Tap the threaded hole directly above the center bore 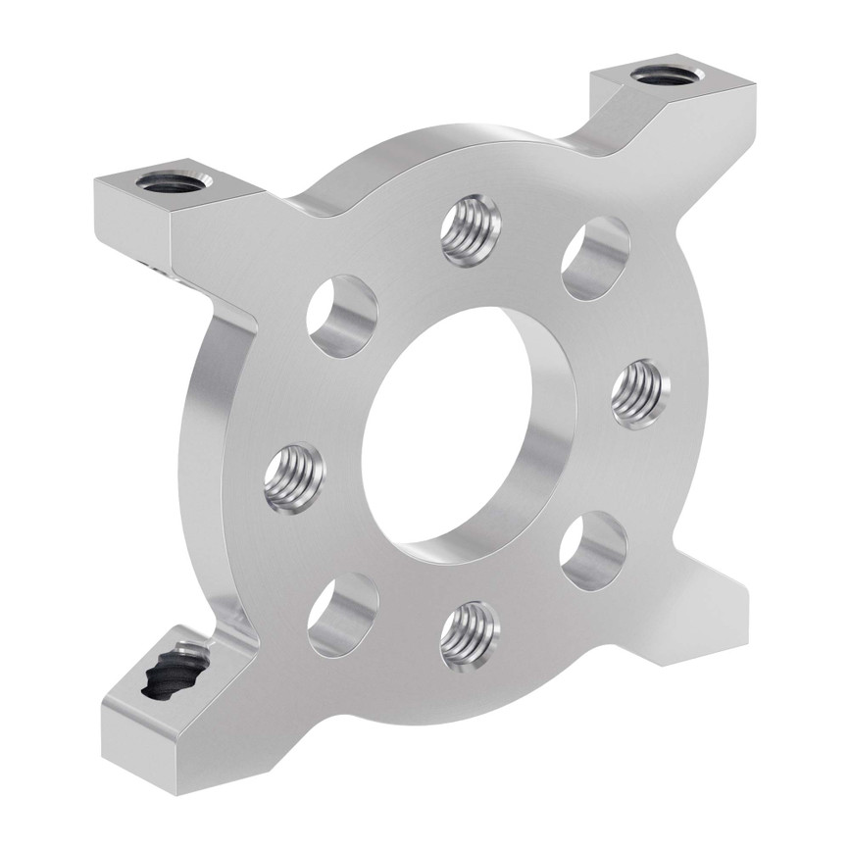[x=471, y=230]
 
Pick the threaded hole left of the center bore [x=294, y=476]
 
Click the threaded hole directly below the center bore [x=470, y=635]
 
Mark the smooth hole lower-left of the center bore [x=342, y=614]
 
